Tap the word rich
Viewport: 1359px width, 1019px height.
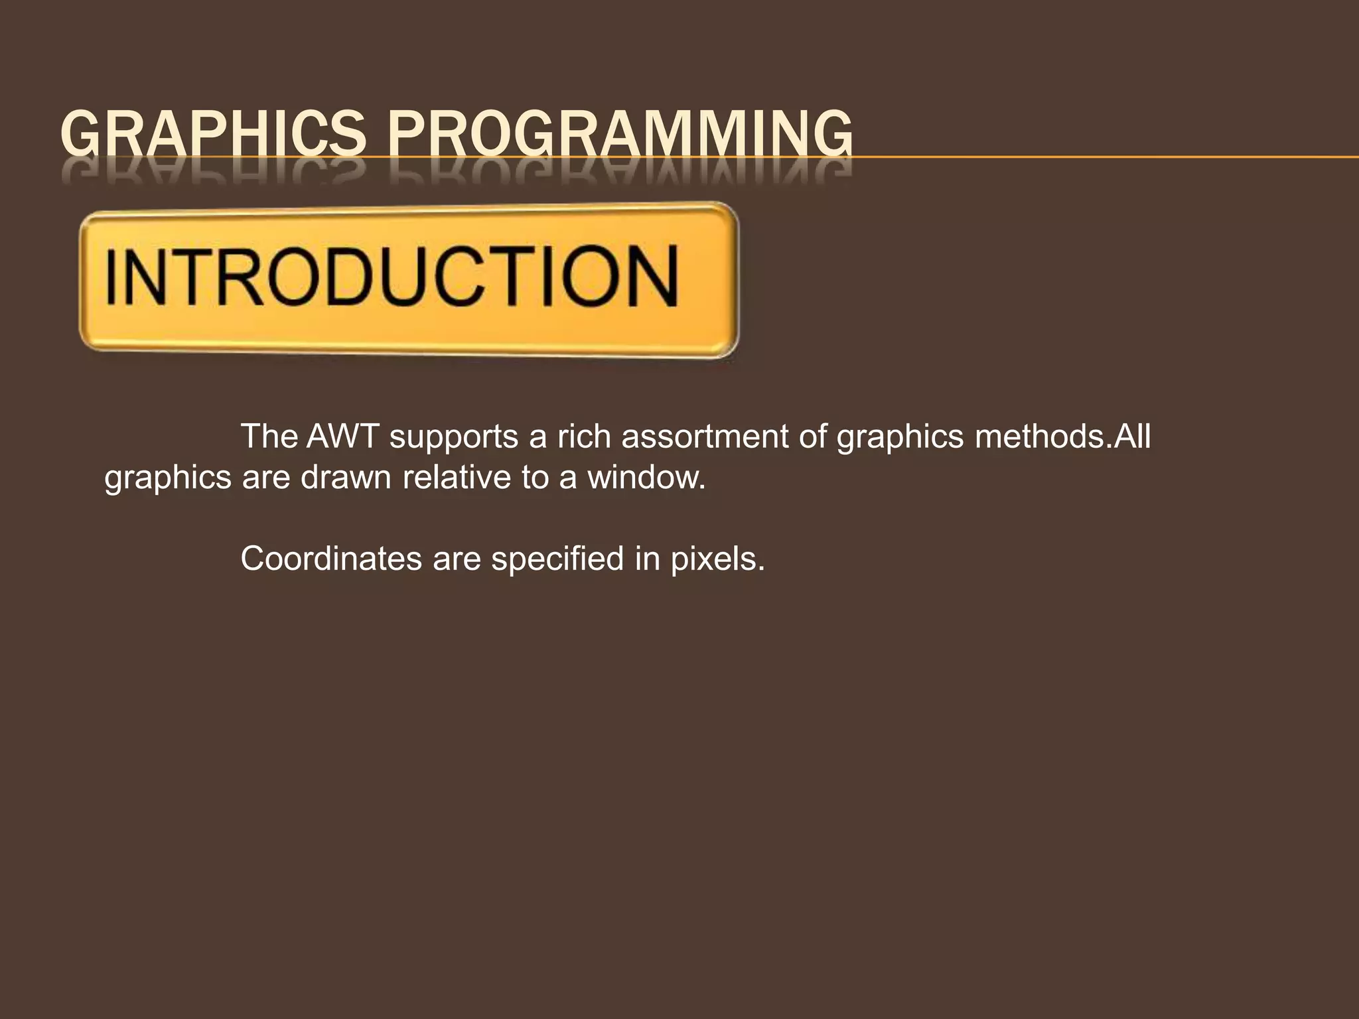(584, 437)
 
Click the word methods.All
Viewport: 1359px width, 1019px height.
(1062, 437)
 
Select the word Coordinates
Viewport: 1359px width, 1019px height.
(331, 559)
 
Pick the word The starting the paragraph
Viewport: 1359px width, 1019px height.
(269, 437)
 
